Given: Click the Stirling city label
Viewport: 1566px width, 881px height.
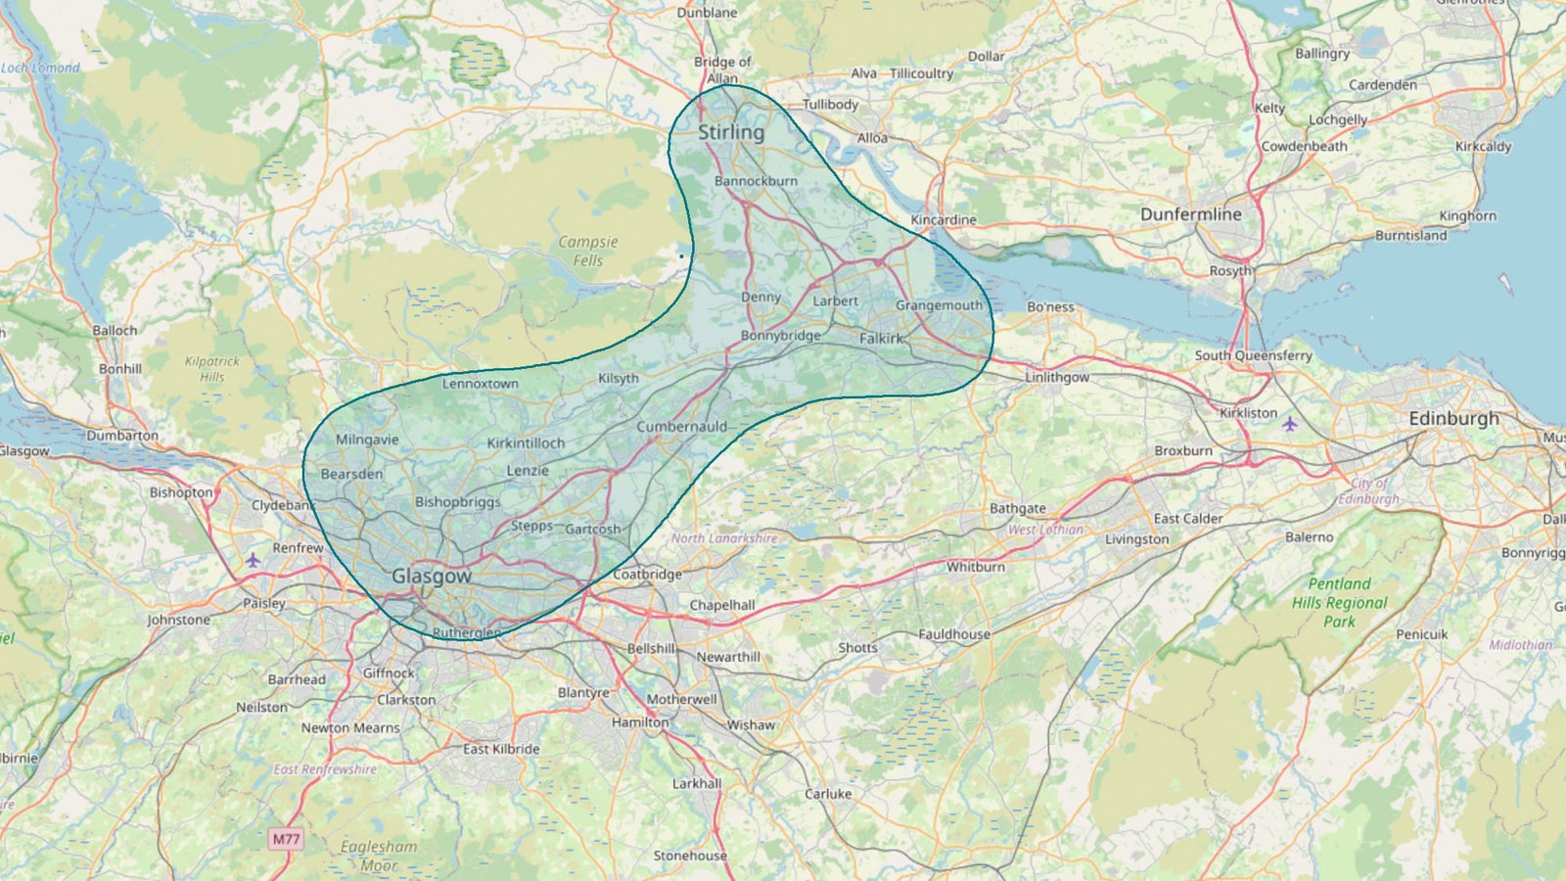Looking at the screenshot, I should (x=730, y=132).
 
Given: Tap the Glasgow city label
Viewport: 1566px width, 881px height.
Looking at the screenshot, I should (x=432, y=577).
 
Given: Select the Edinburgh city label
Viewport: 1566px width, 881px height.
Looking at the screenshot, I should (x=1453, y=419).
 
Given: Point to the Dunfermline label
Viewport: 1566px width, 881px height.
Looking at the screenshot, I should (x=1190, y=214).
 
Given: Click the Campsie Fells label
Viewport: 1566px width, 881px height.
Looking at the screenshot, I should (x=588, y=251).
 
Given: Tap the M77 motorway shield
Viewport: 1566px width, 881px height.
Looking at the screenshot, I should (x=286, y=839).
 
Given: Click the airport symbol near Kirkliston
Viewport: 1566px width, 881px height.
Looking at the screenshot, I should (x=1290, y=424).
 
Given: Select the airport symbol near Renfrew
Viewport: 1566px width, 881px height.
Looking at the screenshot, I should (x=253, y=560).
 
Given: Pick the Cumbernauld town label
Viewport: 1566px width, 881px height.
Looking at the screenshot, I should (x=681, y=427).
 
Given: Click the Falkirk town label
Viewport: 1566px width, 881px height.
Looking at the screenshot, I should (x=882, y=339).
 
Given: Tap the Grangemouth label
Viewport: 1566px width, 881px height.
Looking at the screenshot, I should (x=939, y=305).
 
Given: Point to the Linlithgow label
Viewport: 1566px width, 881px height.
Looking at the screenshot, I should (x=1057, y=377).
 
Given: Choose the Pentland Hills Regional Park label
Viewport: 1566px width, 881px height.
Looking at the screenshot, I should (x=1339, y=602).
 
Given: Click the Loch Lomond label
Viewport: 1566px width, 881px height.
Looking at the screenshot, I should (x=40, y=68).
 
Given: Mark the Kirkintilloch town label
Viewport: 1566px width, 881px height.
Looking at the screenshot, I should (x=526, y=443).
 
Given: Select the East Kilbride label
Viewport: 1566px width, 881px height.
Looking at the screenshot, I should (x=501, y=749).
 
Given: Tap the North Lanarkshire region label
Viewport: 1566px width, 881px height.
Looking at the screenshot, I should (x=724, y=538).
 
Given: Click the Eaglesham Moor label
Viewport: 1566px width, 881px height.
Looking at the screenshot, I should (x=379, y=856).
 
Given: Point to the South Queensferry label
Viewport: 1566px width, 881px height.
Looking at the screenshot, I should (x=1253, y=355).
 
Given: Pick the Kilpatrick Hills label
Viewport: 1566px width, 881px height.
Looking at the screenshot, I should (x=212, y=369).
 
